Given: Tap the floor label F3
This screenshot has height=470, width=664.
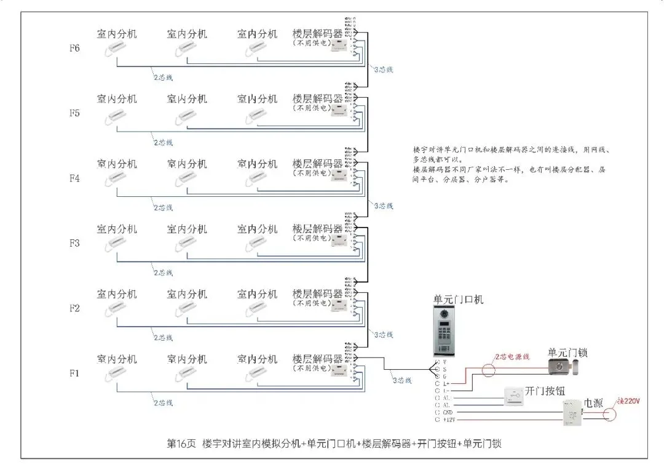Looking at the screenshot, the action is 74,243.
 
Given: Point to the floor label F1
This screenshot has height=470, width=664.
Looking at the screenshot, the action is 74,373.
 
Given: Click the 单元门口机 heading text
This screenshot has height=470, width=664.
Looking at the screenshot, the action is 458,300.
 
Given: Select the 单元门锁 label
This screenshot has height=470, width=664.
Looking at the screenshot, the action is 567,353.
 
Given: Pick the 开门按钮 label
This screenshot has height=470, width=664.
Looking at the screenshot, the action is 544,392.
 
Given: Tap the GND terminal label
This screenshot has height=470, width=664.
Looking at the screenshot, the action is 447,412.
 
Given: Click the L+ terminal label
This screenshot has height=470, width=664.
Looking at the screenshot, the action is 446,383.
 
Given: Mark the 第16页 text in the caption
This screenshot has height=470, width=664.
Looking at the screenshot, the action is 181,443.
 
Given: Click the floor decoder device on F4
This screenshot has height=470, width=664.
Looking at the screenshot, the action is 339,177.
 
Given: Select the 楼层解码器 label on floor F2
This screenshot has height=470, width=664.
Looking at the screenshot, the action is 317,293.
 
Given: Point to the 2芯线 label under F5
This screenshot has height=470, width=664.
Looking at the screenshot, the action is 163,143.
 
